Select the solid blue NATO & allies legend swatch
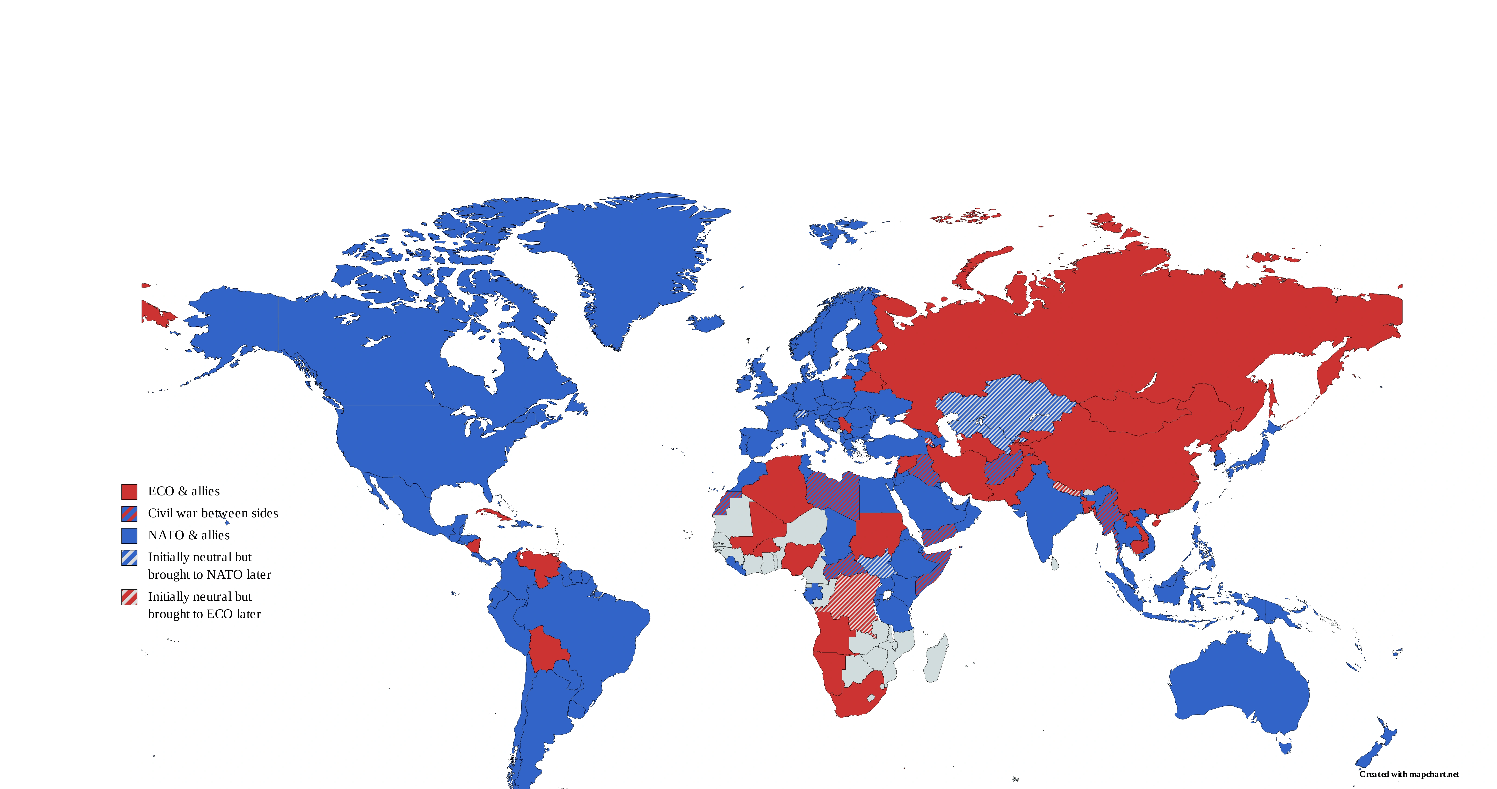(129, 536)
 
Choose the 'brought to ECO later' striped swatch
(129, 597)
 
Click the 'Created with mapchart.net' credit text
(1409, 774)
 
